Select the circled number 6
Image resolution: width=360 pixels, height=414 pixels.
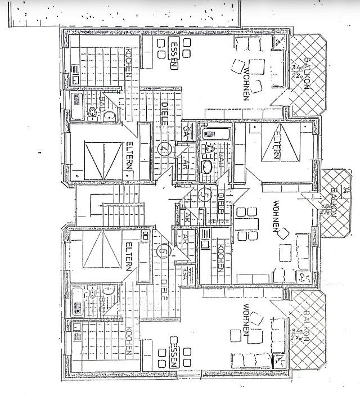(163, 251)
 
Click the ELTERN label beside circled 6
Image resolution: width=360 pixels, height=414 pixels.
(129, 256)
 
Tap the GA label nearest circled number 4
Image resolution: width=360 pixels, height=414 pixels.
(186, 130)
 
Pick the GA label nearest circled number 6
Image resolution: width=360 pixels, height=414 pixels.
(185, 274)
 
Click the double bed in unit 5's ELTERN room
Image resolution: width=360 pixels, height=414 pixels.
(277, 145)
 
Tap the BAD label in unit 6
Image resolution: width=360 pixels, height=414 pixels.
(102, 303)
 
